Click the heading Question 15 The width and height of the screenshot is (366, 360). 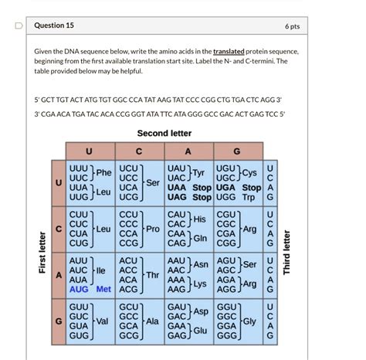pyautogui.click(x=54, y=25)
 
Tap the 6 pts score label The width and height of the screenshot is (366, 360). pyautogui.click(x=292, y=26)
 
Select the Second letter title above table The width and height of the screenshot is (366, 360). pyautogui.click(x=164, y=133)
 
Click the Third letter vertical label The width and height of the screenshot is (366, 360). pyautogui.click(x=287, y=252)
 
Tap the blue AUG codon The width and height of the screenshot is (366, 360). pyautogui.click(x=80, y=290)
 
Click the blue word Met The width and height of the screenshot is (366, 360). pyautogui.click(x=105, y=290)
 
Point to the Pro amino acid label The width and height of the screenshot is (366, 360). pyautogui.click(x=152, y=229)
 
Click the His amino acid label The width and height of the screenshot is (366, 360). pyautogui.click(x=198, y=219)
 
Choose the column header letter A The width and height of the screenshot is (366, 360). pyautogui.click(x=188, y=151)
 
